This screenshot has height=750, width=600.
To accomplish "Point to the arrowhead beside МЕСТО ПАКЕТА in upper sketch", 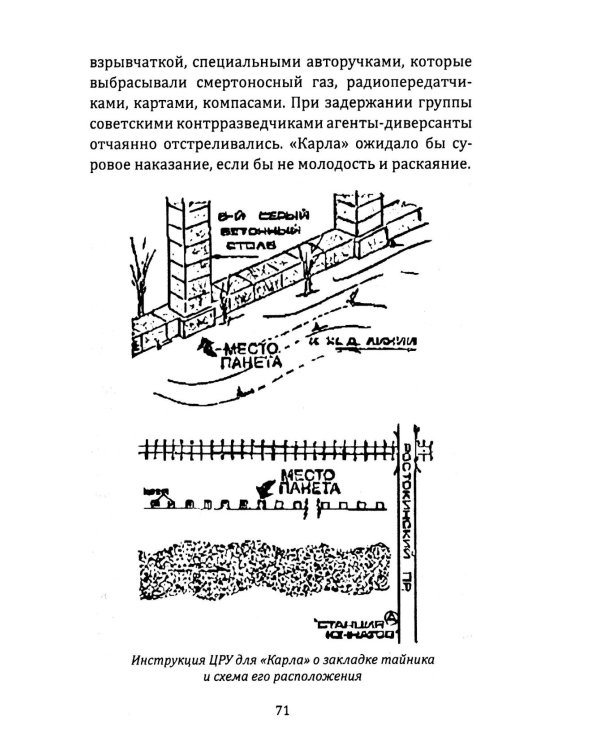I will click(207, 347).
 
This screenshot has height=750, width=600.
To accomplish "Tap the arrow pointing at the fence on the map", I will click(267, 488).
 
